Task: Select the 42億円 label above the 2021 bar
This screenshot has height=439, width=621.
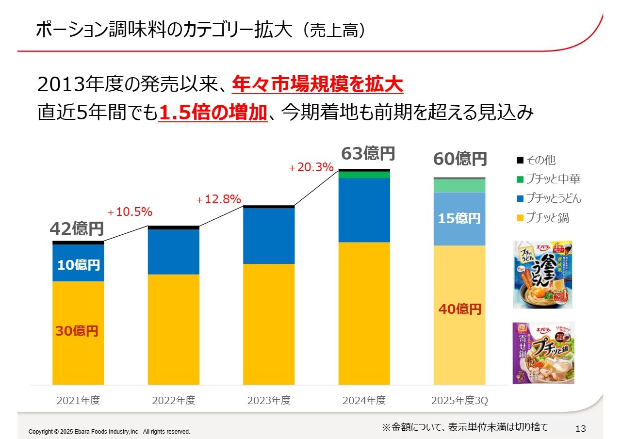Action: tap(77, 228)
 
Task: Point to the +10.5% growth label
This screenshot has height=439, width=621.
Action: tap(130, 212)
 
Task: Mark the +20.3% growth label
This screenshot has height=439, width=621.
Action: tap(311, 168)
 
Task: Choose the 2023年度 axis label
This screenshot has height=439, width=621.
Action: tap(269, 401)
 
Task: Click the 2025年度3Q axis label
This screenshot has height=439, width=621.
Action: tap(459, 401)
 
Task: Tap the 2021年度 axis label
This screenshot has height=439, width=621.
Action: tap(78, 401)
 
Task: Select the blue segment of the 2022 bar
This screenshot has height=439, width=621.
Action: tap(173, 252)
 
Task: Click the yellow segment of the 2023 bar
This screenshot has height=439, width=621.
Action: tap(269, 324)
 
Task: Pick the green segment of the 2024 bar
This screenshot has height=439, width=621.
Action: tap(364, 175)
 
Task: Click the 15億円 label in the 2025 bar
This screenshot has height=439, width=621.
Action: tap(459, 219)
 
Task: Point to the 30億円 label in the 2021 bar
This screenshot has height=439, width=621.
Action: tap(77, 331)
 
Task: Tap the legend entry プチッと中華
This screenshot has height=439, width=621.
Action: tap(553, 179)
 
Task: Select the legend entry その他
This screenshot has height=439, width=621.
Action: tap(540, 160)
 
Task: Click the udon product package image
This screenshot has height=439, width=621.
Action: tap(542, 275)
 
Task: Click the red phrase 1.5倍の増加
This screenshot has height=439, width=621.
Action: tap(213, 113)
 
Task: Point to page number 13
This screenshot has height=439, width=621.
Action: tap(580, 429)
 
